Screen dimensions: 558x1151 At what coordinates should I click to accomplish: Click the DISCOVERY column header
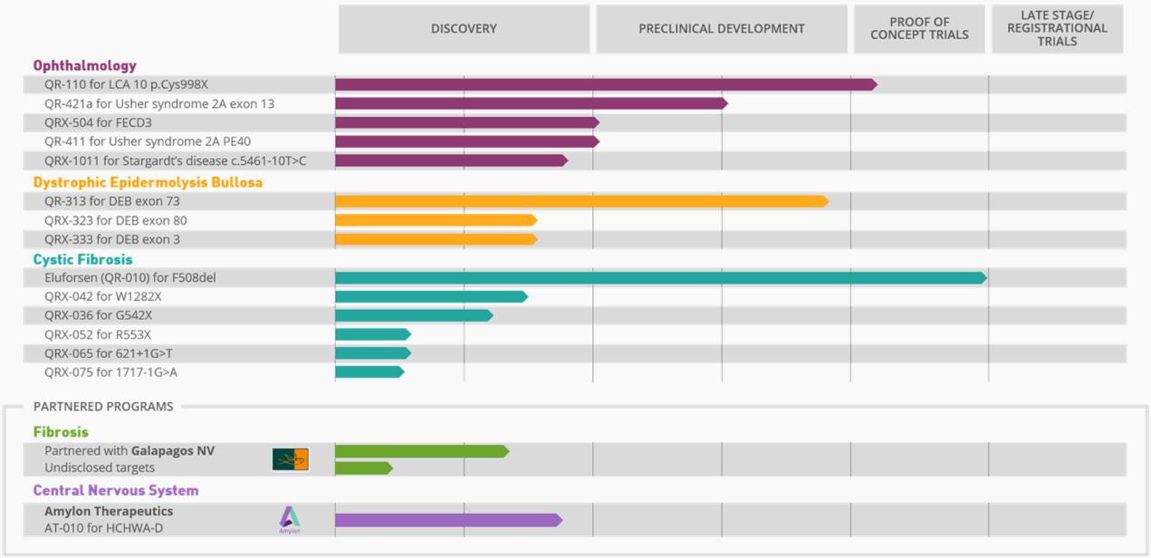[464, 29]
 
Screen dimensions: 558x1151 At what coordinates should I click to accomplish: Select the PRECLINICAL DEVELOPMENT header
[721, 29]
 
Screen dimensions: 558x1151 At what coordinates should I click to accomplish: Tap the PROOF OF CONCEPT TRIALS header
[919, 29]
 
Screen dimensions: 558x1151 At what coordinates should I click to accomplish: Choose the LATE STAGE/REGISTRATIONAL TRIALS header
[1057, 29]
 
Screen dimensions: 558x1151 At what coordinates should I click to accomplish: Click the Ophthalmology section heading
[85, 65]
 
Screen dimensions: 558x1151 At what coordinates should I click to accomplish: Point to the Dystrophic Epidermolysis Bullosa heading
[148, 182]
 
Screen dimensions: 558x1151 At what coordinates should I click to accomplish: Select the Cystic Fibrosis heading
[83, 259]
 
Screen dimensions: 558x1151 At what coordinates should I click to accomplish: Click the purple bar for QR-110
[605, 84]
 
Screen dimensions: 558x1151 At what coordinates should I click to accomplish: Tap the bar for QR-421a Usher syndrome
[531, 103]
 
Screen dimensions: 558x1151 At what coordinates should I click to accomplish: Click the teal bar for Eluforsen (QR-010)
[659, 278]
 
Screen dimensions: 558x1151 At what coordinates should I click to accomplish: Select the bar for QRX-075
[369, 372]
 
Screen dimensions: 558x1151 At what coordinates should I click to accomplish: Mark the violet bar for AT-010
[448, 520]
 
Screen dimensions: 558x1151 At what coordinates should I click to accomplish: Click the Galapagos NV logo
[291, 459]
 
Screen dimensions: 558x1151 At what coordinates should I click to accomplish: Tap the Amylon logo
[290, 519]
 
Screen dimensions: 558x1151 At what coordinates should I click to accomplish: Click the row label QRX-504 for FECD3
[98, 122]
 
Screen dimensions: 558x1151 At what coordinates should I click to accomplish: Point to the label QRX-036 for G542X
[98, 315]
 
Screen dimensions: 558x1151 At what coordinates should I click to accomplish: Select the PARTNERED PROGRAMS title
[103, 407]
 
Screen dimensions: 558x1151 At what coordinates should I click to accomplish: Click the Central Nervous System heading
[116, 490]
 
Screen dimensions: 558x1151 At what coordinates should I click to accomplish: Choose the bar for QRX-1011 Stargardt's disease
[451, 160]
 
